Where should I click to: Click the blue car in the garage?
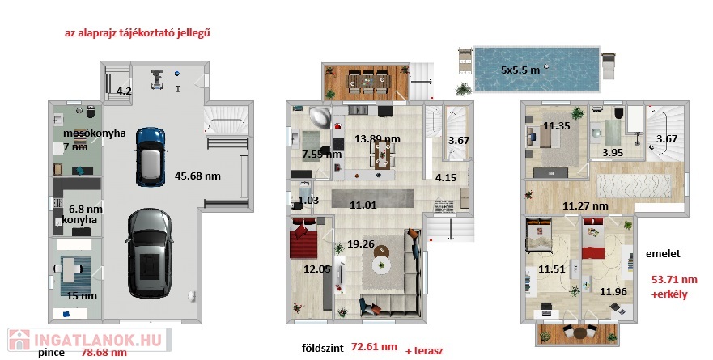point(150,156)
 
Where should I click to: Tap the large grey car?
point(149,252)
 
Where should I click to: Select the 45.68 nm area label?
point(197,176)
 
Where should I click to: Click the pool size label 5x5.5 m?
point(520,70)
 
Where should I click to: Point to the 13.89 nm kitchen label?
point(377,138)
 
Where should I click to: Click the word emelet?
point(663,254)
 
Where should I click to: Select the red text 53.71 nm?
point(674,279)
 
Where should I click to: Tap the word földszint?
point(323,348)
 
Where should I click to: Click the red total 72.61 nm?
point(374,347)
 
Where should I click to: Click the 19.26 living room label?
point(361,244)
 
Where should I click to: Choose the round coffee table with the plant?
point(381,265)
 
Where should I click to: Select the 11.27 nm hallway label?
point(585,206)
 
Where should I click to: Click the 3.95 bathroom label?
point(613,153)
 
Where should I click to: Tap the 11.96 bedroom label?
point(613,291)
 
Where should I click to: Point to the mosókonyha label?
point(94,133)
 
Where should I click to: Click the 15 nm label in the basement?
point(82,296)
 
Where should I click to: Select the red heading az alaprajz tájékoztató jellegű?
point(138,32)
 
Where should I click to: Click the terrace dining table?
point(368,82)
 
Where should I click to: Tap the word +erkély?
point(669,294)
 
